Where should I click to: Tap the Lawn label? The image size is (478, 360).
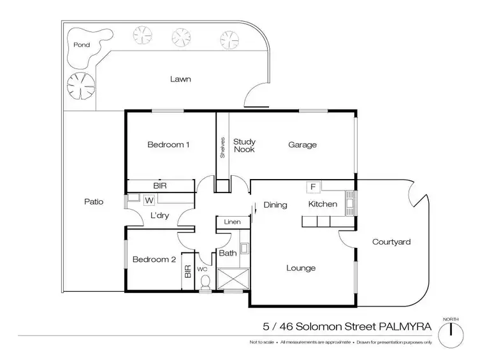pos(180,79)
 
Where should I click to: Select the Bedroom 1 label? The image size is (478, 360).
pos(168,145)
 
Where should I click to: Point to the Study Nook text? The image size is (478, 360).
pos(243,145)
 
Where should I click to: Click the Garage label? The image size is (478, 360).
pos(302,145)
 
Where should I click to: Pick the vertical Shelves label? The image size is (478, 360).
pos(222,147)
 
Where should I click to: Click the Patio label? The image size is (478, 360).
pos(94,201)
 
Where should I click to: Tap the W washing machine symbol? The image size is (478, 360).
pos(149,201)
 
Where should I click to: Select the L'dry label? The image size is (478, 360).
pos(159,216)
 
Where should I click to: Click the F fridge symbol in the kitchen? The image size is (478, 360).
pos(313,187)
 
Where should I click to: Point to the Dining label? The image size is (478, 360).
pos(275,205)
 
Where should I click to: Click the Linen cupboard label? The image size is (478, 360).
pos(231,222)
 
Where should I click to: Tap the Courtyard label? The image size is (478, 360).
pos(391,242)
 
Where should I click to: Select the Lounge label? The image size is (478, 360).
pos(301,268)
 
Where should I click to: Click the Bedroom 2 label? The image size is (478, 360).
pos(154,259)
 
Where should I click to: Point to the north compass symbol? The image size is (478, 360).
pos(451,329)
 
